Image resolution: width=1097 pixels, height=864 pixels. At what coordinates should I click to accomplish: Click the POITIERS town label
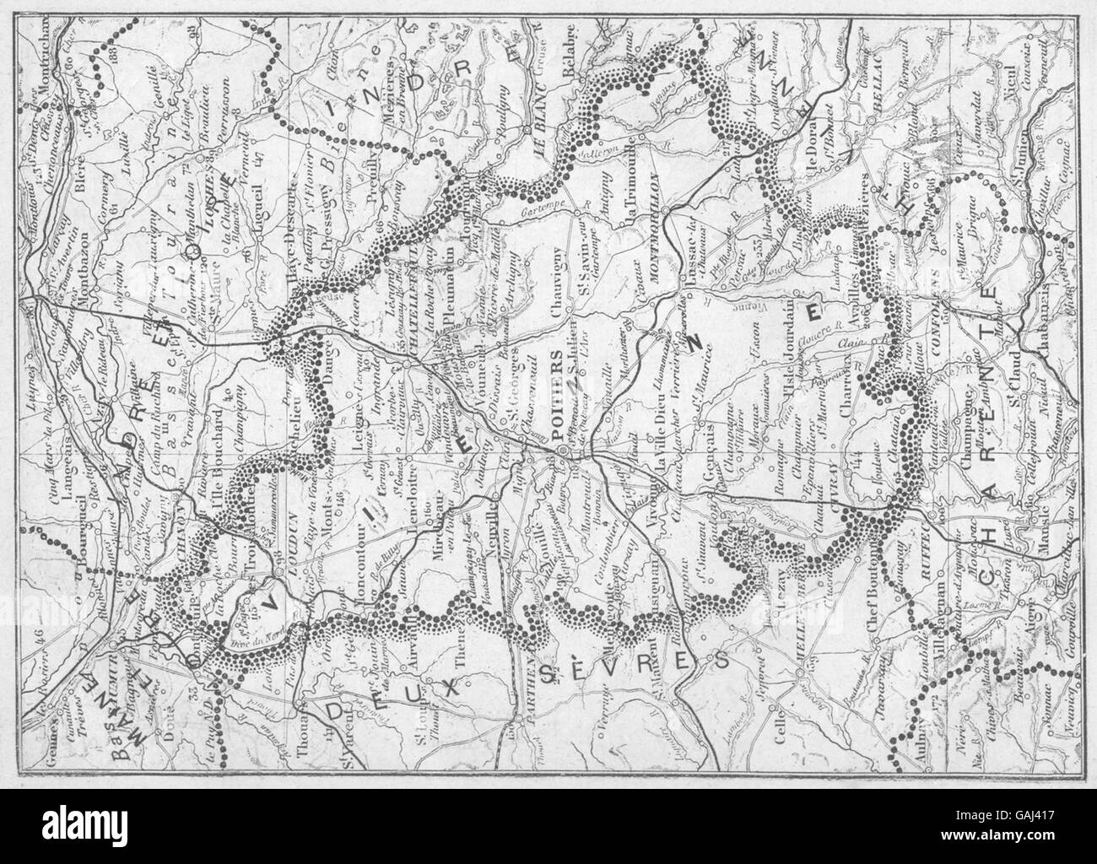[558, 402]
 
